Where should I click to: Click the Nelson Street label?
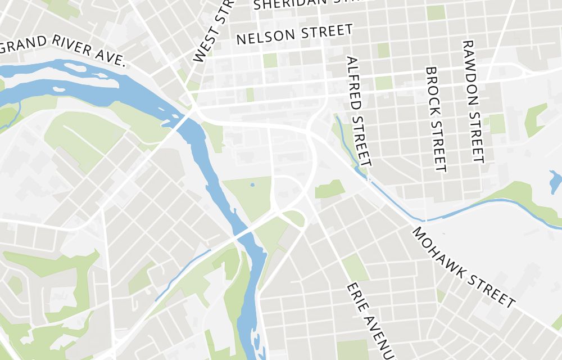coord(294,35)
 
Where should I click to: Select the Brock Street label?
coord(436,119)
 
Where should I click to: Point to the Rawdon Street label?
coord(473,101)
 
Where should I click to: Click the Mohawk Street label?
coord(464,268)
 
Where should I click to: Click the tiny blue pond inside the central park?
coord(252,184)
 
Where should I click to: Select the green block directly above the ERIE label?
coord(355,267)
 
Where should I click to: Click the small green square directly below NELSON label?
coord(270,60)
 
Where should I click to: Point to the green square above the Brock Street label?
coord(436,12)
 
